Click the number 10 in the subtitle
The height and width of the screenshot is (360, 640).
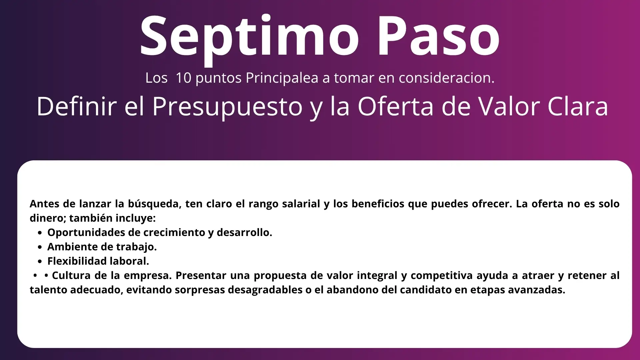tap(183, 78)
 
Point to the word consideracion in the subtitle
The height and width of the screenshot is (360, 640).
tap(447, 78)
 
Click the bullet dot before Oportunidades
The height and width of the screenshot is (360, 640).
tap(40, 233)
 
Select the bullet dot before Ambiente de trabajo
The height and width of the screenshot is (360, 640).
tap(40, 247)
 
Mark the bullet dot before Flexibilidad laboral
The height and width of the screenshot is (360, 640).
tap(40, 262)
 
